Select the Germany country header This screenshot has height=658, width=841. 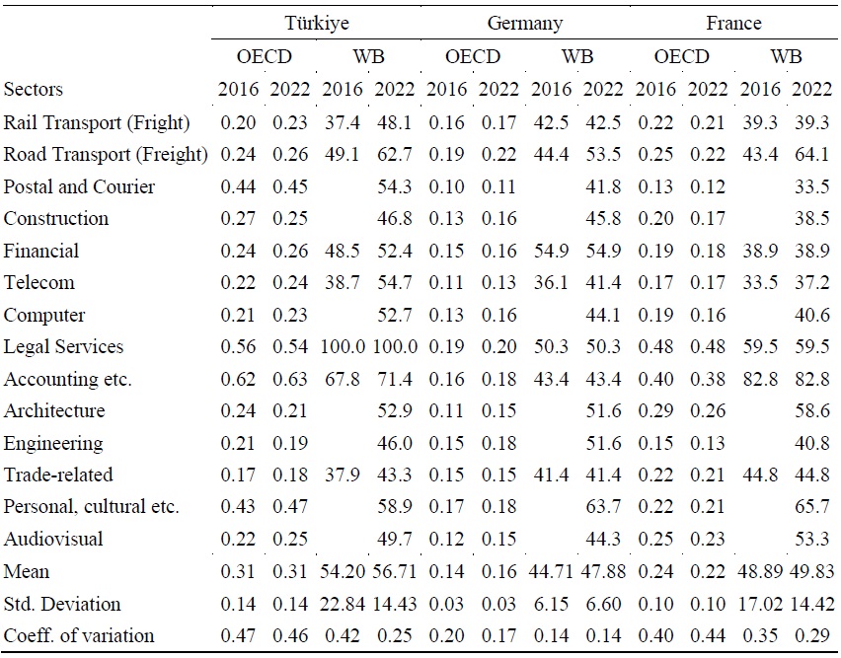tap(524, 23)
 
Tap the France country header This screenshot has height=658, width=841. tap(732, 23)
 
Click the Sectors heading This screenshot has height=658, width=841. tap(34, 89)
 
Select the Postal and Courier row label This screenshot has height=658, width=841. tap(80, 186)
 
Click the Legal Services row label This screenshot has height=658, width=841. tap(64, 346)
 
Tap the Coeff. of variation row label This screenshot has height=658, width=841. tap(80, 635)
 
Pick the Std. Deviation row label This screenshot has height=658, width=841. tap(62, 604)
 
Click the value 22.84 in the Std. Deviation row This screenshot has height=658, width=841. tap(343, 604)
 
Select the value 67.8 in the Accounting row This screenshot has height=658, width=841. tap(343, 379)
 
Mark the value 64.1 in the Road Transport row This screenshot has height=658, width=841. tap(811, 155)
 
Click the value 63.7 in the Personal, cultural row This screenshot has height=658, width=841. tap(603, 507)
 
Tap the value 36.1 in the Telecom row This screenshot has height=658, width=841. tap(551, 283)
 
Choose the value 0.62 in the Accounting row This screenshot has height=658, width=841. tap(238, 379)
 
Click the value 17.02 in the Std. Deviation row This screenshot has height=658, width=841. tap(759, 604)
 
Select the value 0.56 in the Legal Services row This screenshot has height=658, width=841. tap(238, 346)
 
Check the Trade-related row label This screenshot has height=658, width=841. tap(58, 475)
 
